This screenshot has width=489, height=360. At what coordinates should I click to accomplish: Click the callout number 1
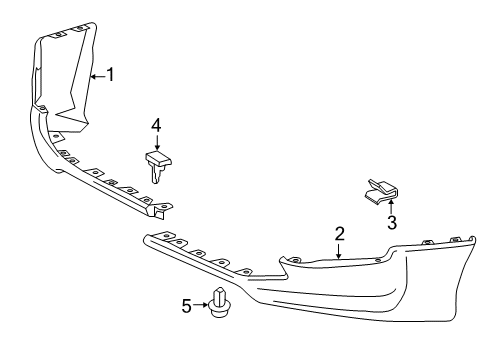point(111,74)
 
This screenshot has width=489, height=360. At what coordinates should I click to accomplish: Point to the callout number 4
point(156,125)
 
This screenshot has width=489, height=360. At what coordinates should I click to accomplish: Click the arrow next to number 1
point(97,74)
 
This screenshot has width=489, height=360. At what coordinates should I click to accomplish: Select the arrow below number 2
point(340,250)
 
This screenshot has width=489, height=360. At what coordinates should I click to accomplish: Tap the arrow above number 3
point(392,203)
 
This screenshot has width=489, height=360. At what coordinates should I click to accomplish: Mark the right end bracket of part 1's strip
point(160,208)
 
